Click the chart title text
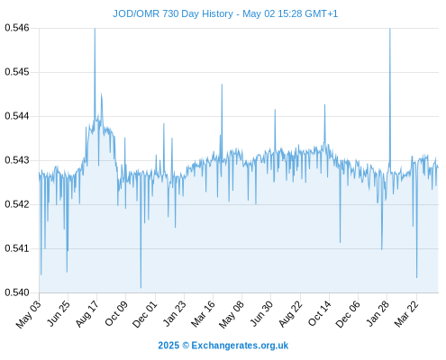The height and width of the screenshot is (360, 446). click(x=225, y=13)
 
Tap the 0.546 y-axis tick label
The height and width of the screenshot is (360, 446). click(x=17, y=28)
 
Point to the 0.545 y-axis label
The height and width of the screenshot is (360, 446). click(x=17, y=72)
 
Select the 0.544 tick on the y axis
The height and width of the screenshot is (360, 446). click(x=17, y=116)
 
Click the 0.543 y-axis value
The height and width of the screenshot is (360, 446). click(x=17, y=160)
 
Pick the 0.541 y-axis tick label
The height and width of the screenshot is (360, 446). click(x=17, y=248)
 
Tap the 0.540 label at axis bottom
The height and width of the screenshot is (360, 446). click(x=17, y=292)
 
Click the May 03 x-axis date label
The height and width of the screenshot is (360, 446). click(x=29, y=314)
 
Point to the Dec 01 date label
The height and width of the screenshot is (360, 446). click(x=145, y=314)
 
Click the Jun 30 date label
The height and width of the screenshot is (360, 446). click(x=261, y=314)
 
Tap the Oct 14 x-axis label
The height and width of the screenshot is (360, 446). click(x=320, y=314)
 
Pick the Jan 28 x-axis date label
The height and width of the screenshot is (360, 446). click(x=378, y=314)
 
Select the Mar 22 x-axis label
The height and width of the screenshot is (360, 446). click(x=406, y=314)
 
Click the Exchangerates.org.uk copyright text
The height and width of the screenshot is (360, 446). click(x=223, y=346)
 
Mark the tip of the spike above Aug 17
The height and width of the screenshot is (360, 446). click(x=95, y=29)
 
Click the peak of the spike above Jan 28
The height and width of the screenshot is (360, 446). click(x=390, y=29)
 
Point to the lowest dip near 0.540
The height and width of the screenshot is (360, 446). click(x=141, y=288)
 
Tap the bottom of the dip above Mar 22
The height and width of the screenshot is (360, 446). click(x=417, y=277)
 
